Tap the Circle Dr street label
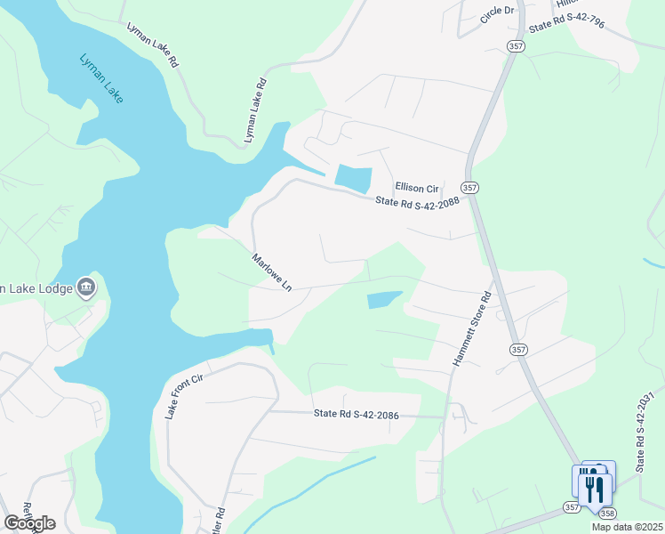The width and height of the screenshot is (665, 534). (497, 13)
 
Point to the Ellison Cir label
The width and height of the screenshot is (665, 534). (418, 188)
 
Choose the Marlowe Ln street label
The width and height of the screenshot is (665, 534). (271, 273)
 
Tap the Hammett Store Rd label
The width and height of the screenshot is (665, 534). (471, 329)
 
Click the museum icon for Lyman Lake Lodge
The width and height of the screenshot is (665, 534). (86, 286)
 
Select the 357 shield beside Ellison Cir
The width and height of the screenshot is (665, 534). (470, 187)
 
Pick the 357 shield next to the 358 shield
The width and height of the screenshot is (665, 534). (571, 507)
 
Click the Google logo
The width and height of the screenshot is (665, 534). (28, 523)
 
